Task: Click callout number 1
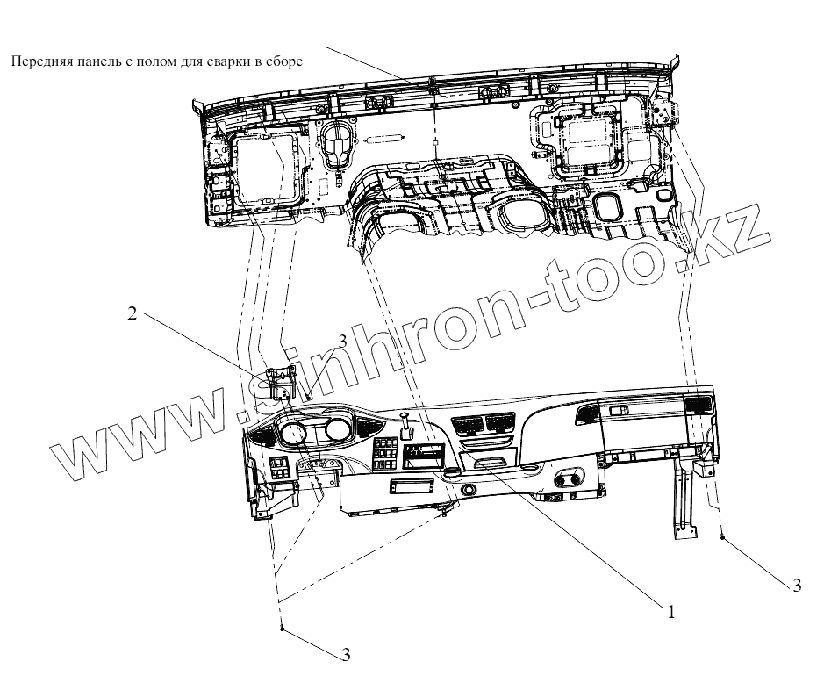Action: click(671, 612)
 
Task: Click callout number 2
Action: click(133, 313)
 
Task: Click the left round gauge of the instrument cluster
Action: click(293, 435)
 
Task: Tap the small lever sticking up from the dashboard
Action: click(406, 422)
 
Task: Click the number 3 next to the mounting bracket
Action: click(343, 340)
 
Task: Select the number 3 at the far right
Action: click(796, 586)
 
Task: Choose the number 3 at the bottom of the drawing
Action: click(346, 654)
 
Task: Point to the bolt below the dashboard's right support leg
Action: click(722, 537)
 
